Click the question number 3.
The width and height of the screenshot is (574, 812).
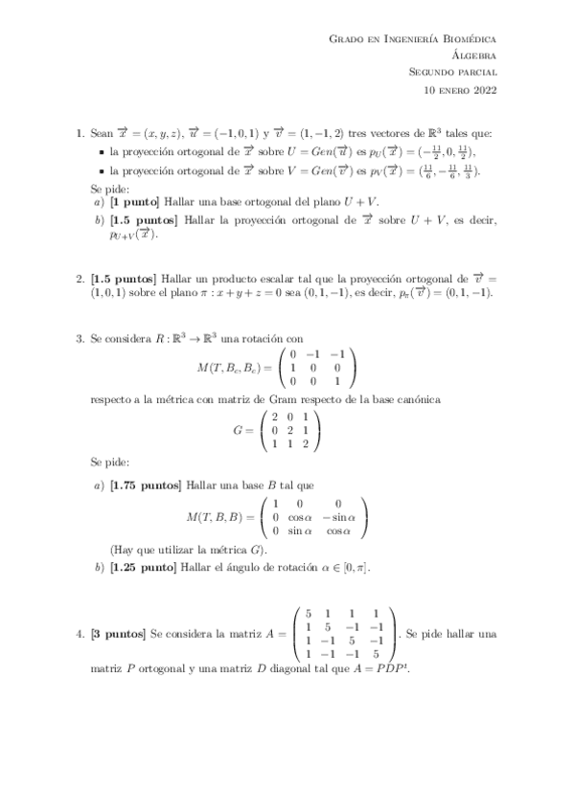click(x=79, y=338)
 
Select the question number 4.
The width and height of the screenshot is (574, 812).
click(x=79, y=634)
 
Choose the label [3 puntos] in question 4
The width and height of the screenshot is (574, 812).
click(x=117, y=634)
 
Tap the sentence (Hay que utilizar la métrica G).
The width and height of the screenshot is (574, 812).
click(x=189, y=550)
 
